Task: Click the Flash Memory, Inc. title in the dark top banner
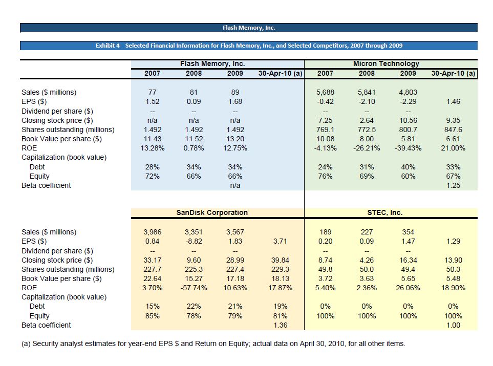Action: click(249, 28)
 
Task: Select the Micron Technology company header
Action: click(385, 64)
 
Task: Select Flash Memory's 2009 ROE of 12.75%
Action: click(234, 148)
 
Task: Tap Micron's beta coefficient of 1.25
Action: click(453, 185)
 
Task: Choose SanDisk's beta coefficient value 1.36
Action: click(281, 325)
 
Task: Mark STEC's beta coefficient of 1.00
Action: click(453, 325)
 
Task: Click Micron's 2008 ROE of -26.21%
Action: click(367, 148)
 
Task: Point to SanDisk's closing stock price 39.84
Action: click(281, 260)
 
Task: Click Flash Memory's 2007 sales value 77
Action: click(152, 92)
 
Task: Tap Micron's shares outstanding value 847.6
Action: click(453, 130)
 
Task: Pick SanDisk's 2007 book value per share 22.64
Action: click(152, 278)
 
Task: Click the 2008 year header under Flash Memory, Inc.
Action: click(194, 73)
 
